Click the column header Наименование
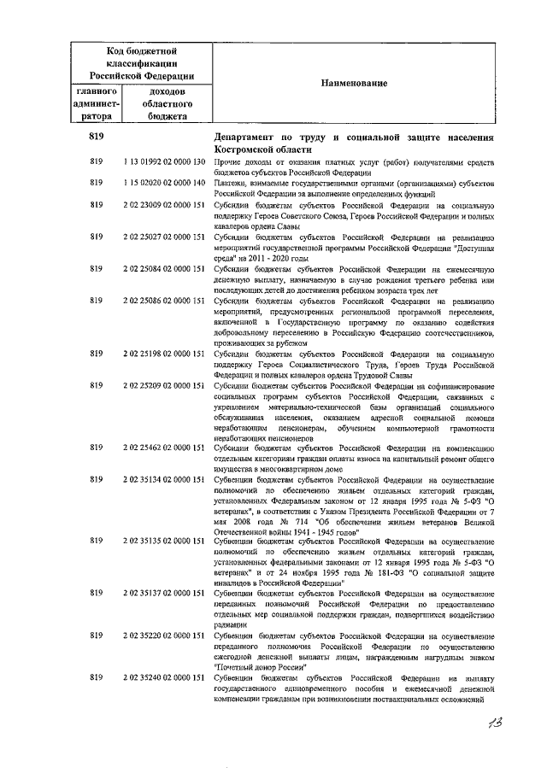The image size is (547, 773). [354, 84]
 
